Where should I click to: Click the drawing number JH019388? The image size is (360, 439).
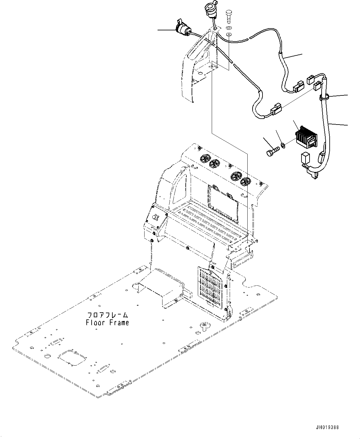(x=327, y=427)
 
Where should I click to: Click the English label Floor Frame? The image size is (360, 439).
(x=107, y=323)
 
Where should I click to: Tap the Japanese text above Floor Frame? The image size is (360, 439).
(x=107, y=315)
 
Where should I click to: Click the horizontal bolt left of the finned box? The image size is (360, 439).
(x=272, y=151)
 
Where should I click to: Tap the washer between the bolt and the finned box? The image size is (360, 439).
(x=283, y=144)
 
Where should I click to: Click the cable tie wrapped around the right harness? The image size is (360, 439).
(x=324, y=97)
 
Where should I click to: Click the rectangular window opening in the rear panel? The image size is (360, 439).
(x=223, y=203)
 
